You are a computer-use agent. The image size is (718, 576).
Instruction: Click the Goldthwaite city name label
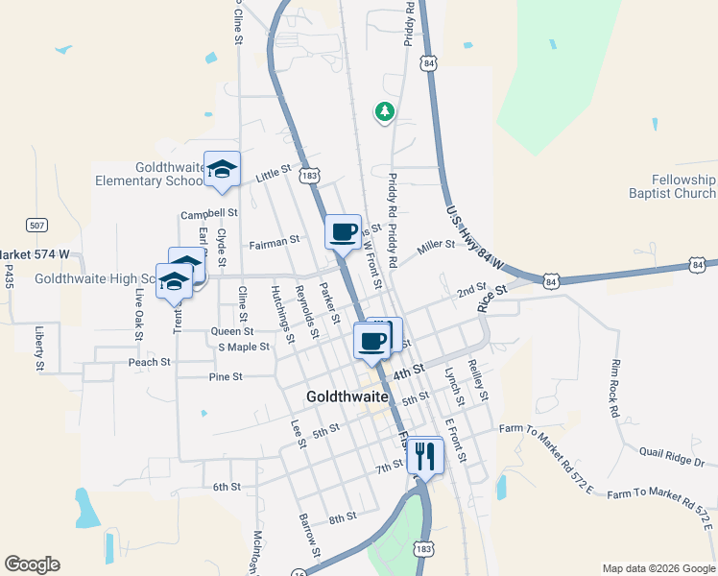[347, 396]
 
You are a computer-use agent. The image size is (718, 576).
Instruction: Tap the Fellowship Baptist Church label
[682, 186]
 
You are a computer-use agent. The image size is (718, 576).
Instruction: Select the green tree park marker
[384, 111]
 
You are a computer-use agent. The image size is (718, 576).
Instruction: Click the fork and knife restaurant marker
[424, 455]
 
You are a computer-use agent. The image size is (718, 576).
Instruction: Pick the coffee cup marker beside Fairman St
[343, 230]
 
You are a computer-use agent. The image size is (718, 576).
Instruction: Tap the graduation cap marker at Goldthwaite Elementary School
[223, 170]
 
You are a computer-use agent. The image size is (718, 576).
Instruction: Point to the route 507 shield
[36, 226]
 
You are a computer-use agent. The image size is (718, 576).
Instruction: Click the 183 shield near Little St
[308, 176]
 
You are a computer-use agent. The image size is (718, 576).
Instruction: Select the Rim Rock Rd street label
[613, 389]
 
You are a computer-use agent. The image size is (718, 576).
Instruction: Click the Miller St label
[436, 247]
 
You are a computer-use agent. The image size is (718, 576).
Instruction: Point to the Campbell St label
[209, 213]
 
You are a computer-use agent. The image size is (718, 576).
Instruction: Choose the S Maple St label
[244, 347]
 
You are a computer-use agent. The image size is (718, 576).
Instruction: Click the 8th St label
[343, 517]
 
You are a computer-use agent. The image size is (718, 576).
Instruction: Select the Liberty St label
[40, 348]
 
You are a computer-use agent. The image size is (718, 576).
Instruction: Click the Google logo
[32, 564]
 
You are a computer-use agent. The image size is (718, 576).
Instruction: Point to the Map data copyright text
[658, 568]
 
